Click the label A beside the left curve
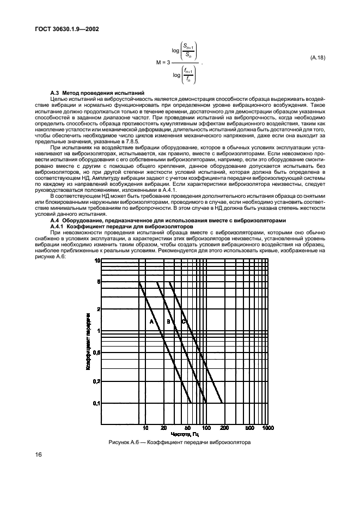pos(151,322)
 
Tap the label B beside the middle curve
pos(168,322)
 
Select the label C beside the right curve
pos(184,322)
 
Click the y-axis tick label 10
pos(97,260)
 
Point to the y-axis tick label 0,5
pos(96,353)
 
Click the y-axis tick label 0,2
pos(96,381)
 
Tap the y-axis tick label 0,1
pos(96,403)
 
